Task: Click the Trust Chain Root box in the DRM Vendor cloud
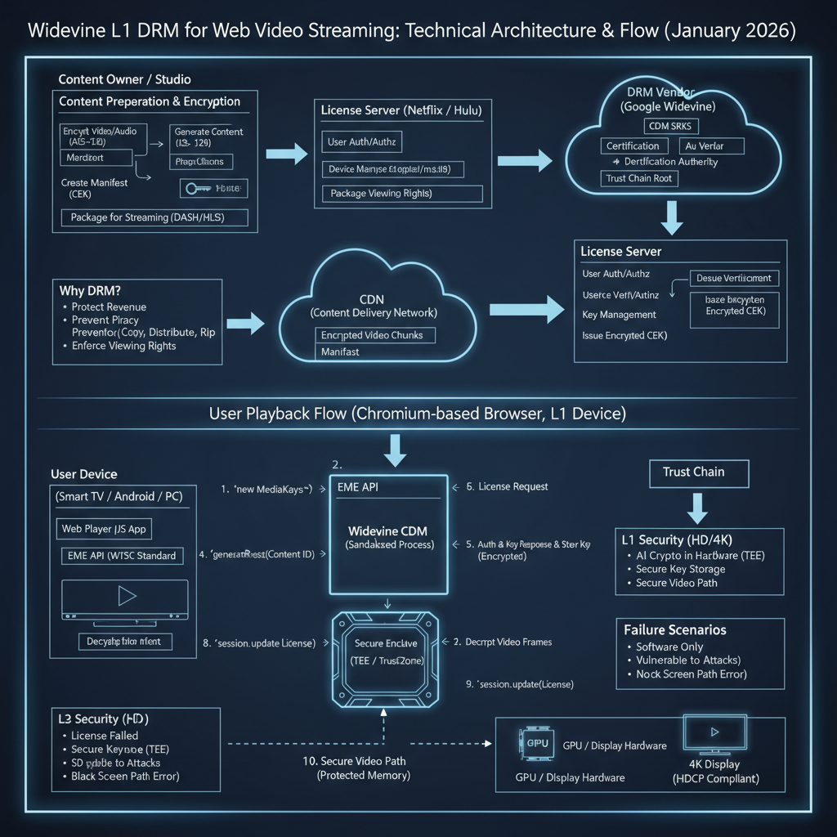(640, 178)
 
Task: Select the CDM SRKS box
(669, 126)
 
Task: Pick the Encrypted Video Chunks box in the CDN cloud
(374, 335)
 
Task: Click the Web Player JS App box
(104, 529)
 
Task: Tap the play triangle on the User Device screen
(127, 596)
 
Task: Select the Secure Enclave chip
(385, 656)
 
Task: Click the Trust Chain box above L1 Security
(693, 472)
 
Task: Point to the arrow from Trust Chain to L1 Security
(696, 508)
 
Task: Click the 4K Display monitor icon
(714, 733)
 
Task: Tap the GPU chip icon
(534, 744)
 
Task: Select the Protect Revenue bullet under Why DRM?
(109, 307)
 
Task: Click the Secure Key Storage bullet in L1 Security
(680, 569)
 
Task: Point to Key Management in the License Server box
(619, 315)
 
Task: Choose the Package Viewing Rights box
(401, 194)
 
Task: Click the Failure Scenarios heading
(674, 630)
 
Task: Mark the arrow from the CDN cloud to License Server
(526, 310)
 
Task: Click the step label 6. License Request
(512, 486)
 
